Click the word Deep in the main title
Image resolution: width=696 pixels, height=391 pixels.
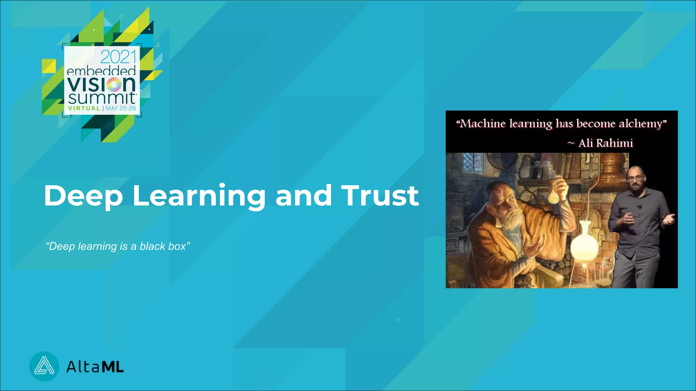point(83,196)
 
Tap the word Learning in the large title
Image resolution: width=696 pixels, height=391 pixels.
point(199,196)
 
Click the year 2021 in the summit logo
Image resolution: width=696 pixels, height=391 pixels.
point(118,57)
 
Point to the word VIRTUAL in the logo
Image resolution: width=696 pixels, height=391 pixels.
point(84,108)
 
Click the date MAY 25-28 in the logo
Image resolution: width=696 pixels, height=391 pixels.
point(121,108)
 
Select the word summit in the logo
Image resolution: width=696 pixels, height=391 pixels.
point(102,98)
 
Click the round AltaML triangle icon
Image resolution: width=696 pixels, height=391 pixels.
point(44,367)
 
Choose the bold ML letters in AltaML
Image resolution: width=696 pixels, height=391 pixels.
point(113,367)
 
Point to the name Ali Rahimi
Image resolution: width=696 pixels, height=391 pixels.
point(606,143)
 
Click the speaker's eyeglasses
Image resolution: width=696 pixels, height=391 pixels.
point(636,178)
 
